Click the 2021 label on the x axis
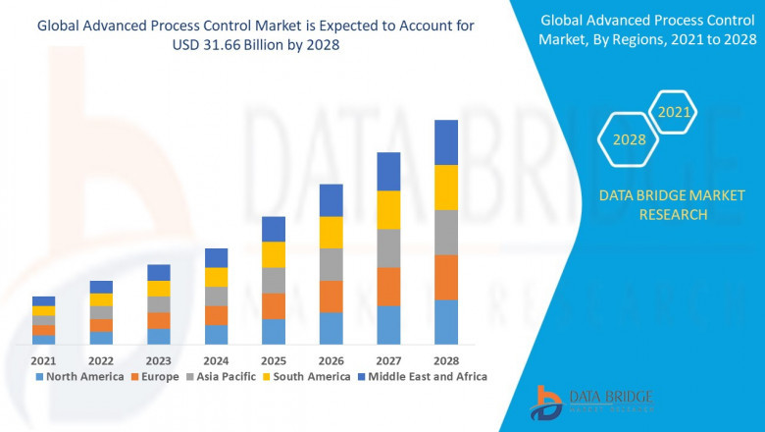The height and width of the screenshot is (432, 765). pyautogui.click(x=43, y=360)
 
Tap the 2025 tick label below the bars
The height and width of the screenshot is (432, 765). pyautogui.click(x=274, y=360)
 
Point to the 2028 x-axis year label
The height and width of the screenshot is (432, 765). pyautogui.click(x=446, y=360)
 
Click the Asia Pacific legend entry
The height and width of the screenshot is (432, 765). pyautogui.click(x=223, y=376)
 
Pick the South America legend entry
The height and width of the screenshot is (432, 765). pyautogui.click(x=307, y=376)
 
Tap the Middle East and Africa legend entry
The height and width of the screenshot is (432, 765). pyautogui.click(x=426, y=376)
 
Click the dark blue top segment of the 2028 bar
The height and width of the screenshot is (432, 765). pyautogui.click(x=446, y=142)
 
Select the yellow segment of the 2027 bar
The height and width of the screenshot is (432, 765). pyautogui.click(x=388, y=209)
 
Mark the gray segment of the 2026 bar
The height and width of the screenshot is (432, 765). pyautogui.click(x=331, y=264)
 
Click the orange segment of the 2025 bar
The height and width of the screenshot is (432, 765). pyautogui.click(x=274, y=305)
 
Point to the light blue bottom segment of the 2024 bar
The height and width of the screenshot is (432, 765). pyautogui.click(x=216, y=335)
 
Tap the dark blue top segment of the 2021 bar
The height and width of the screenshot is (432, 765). pyautogui.click(x=43, y=300)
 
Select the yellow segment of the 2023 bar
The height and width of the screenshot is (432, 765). pyautogui.click(x=159, y=289)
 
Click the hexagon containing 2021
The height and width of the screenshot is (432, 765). pyautogui.click(x=673, y=113)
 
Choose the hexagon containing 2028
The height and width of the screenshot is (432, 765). pyautogui.click(x=629, y=139)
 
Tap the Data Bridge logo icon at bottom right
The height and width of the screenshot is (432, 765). pyautogui.click(x=546, y=402)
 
